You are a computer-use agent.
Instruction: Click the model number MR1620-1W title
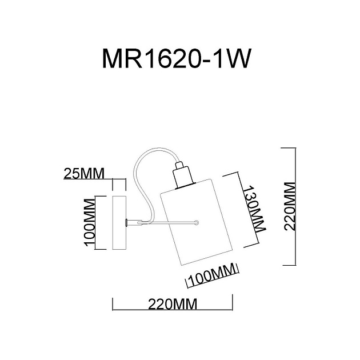point(177,59)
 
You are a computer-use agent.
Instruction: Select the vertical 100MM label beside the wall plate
point(90,223)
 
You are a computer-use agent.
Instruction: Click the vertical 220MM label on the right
point(291,206)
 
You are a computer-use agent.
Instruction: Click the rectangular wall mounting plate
point(119,223)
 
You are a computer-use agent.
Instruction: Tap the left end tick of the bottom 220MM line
point(113,305)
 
